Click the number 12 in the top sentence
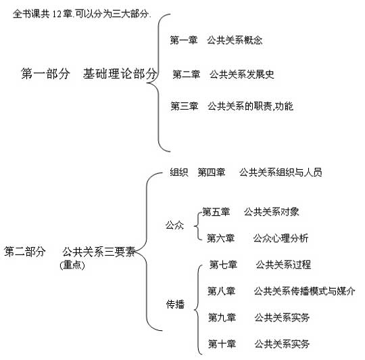(57, 14)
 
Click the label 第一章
(184, 40)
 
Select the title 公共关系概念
(235, 40)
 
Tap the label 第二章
(187, 74)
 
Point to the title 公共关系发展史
(242, 74)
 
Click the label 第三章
(185, 106)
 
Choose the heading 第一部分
(45, 74)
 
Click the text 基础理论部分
(120, 74)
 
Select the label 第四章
(212, 172)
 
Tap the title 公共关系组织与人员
(281, 172)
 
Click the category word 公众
(174, 225)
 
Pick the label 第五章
(216, 212)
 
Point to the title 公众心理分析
(281, 238)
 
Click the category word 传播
(175, 305)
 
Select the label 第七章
(223, 265)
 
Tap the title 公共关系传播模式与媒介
(304, 291)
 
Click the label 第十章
(222, 344)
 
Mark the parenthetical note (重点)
(72, 265)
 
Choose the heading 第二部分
(25, 252)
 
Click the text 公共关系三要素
(99, 252)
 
